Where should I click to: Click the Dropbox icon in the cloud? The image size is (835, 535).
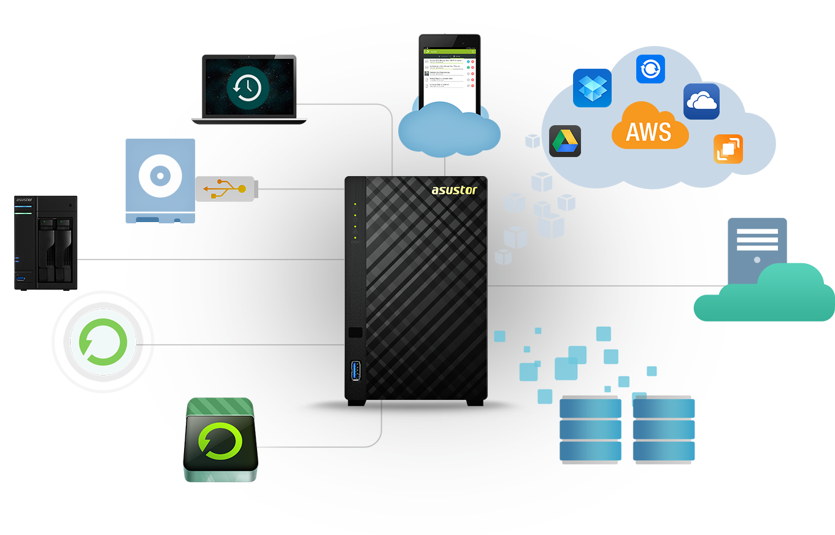[x=592, y=88]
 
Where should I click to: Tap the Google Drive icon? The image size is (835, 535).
[x=564, y=141]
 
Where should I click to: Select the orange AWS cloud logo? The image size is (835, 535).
[x=649, y=127]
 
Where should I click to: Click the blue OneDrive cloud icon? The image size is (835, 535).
[x=701, y=101]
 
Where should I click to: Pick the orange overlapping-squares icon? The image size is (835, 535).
[x=728, y=149]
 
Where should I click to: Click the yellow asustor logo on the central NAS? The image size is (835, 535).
[x=453, y=190]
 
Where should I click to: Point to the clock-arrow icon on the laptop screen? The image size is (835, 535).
[x=247, y=88]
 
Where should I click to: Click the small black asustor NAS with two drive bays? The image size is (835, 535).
[x=46, y=243]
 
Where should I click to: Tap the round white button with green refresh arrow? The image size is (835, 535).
[x=103, y=341]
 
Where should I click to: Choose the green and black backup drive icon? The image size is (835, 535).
[x=220, y=440]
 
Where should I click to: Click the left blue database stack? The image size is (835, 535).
[x=590, y=429]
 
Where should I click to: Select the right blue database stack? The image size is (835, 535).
[x=664, y=429]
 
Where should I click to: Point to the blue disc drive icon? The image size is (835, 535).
[x=160, y=180]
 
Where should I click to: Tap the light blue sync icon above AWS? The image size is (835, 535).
[x=650, y=69]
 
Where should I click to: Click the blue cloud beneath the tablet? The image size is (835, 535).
[x=448, y=132]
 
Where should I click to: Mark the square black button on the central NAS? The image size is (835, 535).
[x=355, y=333]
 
